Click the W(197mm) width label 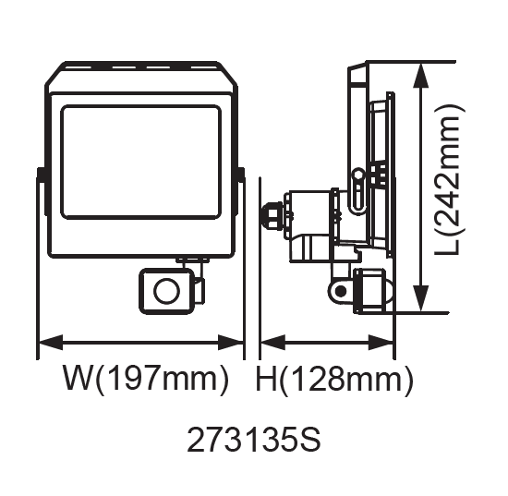[146, 379]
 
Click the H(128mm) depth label [334, 379]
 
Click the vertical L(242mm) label [451, 180]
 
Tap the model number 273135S [254, 440]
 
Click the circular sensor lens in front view [166, 291]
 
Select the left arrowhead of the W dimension [51, 342]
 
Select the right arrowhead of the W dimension [231, 342]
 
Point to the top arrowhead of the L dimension [421, 75]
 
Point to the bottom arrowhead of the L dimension [421, 298]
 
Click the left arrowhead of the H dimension [272, 342]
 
